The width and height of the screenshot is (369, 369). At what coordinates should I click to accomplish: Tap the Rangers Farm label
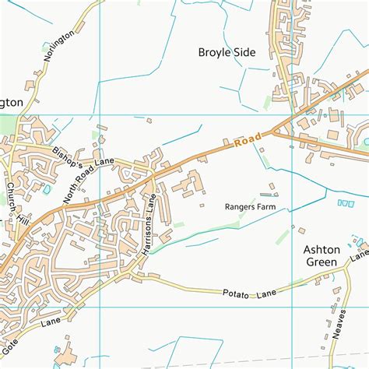[x=251, y=207]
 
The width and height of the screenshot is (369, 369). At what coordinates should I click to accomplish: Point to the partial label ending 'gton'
[x=12, y=103]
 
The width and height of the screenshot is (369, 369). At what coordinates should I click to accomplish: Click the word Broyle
[x=212, y=54]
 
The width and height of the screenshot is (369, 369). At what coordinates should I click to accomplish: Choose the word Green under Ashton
[x=320, y=262]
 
